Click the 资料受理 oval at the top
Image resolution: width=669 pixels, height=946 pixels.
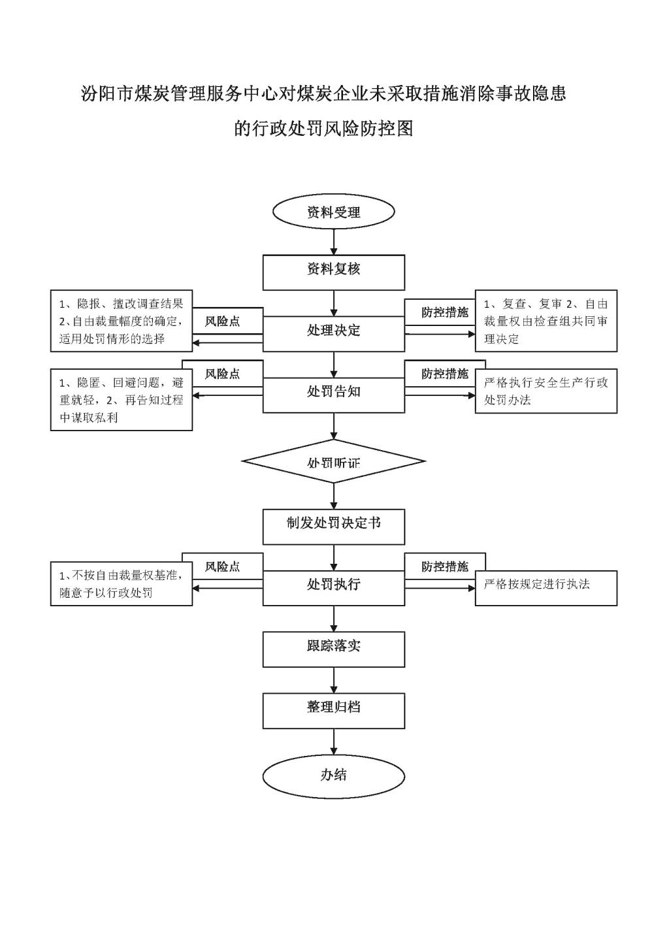click(x=334, y=212)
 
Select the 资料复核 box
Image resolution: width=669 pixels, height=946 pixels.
click(x=334, y=272)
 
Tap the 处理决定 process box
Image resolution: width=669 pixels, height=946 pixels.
click(x=334, y=334)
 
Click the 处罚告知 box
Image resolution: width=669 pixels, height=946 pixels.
click(x=334, y=395)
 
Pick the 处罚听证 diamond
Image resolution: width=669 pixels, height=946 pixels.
click(x=334, y=461)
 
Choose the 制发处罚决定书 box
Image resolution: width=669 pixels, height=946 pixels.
click(x=334, y=527)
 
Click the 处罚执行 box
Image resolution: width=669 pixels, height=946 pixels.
click(x=334, y=588)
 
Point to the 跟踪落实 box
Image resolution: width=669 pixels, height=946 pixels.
click(x=334, y=649)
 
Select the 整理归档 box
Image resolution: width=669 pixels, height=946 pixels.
click(x=334, y=711)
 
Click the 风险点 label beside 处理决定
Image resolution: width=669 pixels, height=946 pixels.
click(x=223, y=321)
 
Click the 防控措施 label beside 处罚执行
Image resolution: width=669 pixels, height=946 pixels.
click(x=445, y=567)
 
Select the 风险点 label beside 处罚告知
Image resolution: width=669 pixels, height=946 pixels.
click(x=223, y=374)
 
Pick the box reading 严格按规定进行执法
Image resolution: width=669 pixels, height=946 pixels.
click(x=546, y=588)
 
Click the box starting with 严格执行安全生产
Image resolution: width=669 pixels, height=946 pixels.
click(x=546, y=391)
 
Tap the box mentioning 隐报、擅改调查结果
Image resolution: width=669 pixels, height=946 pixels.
click(x=122, y=321)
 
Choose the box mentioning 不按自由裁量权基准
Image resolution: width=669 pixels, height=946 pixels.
click(x=122, y=583)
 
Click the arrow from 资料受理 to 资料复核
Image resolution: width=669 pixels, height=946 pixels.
click(x=334, y=242)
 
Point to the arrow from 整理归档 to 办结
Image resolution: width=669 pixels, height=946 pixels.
click(x=334, y=742)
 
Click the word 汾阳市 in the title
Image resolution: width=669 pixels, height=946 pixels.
click(x=108, y=94)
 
